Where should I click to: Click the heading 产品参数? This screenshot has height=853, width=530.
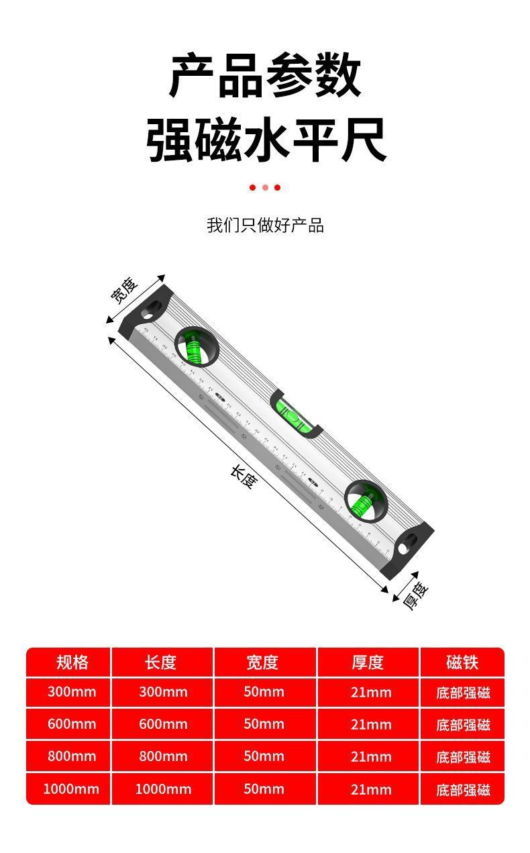(x=265, y=76)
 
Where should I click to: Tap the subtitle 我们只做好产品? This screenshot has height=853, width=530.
(x=265, y=225)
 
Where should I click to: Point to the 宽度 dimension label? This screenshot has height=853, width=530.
(x=124, y=290)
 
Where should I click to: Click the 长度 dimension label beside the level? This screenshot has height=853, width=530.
(x=243, y=476)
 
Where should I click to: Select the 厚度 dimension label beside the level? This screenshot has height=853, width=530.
(x=415, y=595)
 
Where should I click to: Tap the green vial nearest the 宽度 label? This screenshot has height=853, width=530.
(x=195, y=348)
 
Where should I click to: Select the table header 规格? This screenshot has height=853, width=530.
(x=72, y=662)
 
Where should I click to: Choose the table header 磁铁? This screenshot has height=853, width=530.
(x=462, y=662)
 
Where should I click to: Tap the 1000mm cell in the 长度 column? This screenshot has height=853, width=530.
(x=163, y=789)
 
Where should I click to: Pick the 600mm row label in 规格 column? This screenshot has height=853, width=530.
(x=72, y=724)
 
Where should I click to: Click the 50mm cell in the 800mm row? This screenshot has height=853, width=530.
(x=264, y=756)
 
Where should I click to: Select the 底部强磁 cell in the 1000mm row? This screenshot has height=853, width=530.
(x=463, y=789)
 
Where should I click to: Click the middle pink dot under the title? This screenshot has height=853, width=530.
(x=265, y=188)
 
